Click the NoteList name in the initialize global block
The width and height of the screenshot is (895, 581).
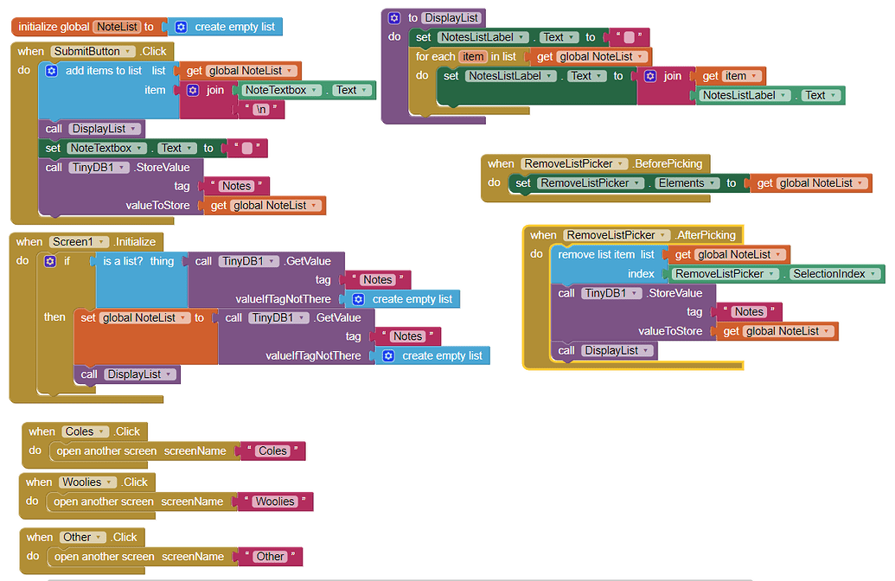pyautogui.click(x=117, y=27)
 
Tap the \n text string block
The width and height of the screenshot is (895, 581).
pyautogui.click(x=261, y=109)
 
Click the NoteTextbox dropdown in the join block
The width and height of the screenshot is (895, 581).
pyautogui.click(x=281, y=90)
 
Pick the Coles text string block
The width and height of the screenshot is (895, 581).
pyautogui.click(x=273, y=450)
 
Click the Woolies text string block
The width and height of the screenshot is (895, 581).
pyautogui.click(x=275, y=501)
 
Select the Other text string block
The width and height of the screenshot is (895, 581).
pyautogui.click(x=270, y=557)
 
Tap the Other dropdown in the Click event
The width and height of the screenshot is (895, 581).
pyautogui.click(x=83, y=538)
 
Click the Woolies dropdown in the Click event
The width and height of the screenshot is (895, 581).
pyautogui.click(x=88, y=482)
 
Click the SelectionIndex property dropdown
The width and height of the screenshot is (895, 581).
pyautogui.click(x=834, y=274)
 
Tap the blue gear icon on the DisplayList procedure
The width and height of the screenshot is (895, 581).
pyautogui.click(x=394, y=18)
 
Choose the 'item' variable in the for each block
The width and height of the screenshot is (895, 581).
pyautogui.click(x=473, y=56)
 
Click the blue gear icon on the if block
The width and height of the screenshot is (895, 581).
pyautogui.click(x=50, y=261)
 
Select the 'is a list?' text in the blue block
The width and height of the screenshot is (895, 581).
pyautogui.click(x=123, y=261)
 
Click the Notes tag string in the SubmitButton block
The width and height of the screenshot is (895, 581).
pyautogui.click(x=236, y=186)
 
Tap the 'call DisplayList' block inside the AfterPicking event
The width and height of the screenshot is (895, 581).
pyautogui.click(x=604, y=350)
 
